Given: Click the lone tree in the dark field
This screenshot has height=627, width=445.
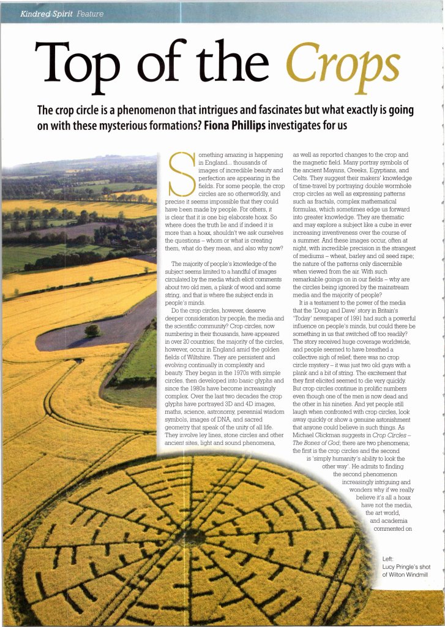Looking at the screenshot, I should pyautogui.click(x=93, y=330).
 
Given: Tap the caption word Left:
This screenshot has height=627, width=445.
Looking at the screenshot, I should pyautogui.click(x=388, y=559).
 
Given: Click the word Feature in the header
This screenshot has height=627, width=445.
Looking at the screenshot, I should pyautogui.click(x=90, y=13).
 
